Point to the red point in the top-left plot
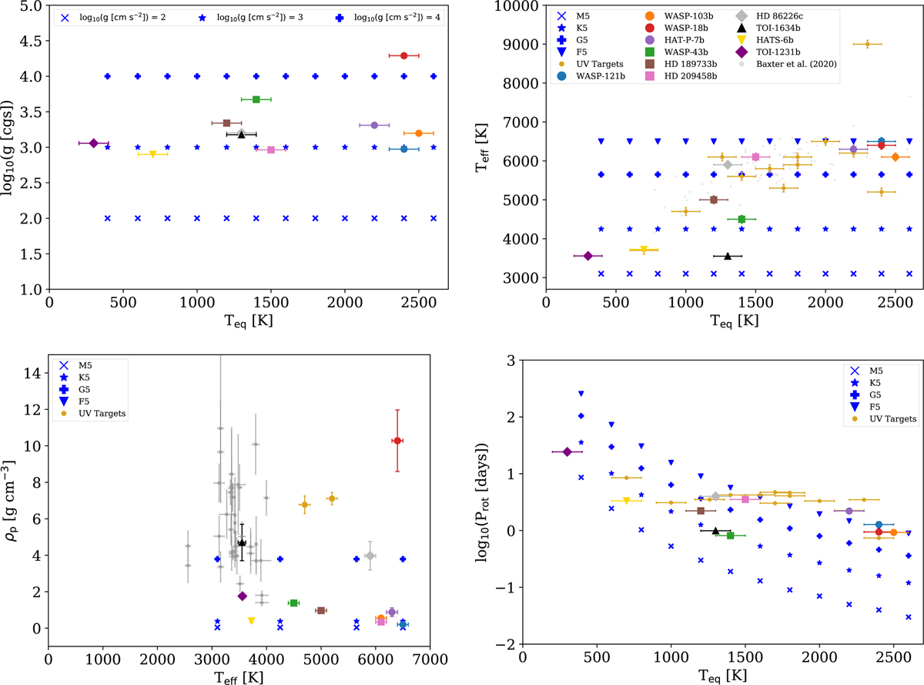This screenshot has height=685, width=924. (403, 55)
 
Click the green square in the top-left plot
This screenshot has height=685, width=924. (256, 99)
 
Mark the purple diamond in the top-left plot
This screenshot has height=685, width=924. (94, 143)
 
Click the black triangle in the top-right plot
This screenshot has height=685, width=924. (727, 256)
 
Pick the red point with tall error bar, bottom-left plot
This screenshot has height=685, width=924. (397, 441)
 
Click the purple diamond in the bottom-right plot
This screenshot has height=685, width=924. (567, 452)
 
